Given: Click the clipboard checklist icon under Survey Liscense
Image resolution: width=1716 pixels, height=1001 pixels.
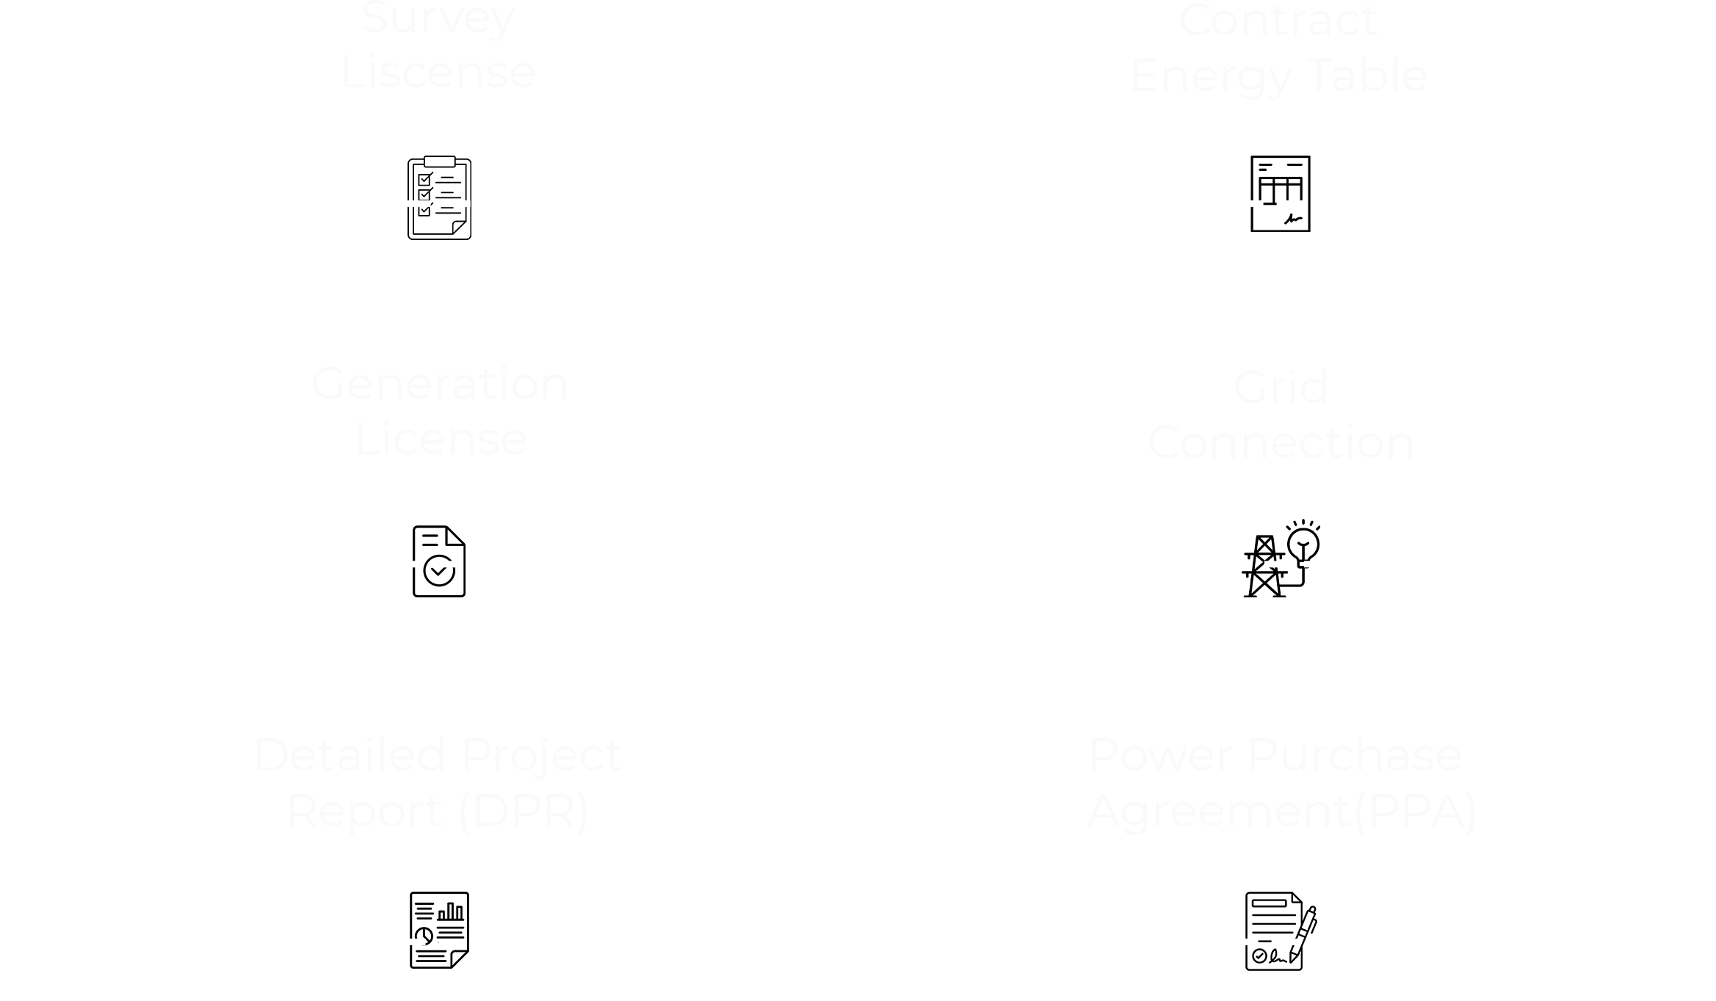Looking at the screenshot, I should click(x=439, y=197).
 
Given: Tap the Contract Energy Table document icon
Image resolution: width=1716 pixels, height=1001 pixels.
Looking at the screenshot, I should click(x=1280, y=193).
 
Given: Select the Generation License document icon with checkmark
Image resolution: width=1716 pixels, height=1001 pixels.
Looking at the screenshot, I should click(x=439, y=561).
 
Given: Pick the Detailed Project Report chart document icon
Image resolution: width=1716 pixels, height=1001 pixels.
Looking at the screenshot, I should click(x=439, y=930).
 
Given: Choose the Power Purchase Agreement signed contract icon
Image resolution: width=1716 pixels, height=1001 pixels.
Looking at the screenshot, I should click(x=1280, y=931).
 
